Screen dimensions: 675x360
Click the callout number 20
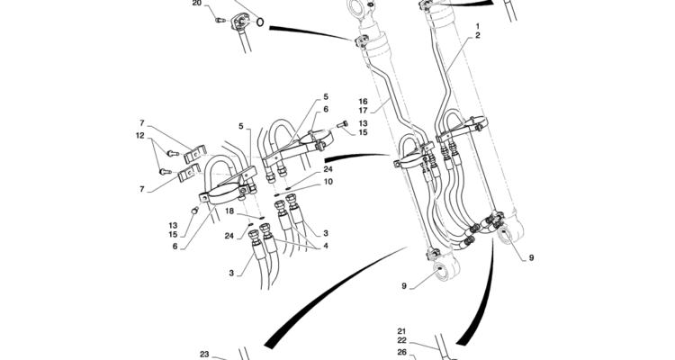pos(197,3)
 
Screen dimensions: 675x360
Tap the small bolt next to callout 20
pos(220,20)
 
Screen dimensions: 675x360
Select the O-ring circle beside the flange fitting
pos(259,21)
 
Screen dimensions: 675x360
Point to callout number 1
pos(478,27)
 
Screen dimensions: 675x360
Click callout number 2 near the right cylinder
pos(478,36)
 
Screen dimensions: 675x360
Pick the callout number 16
pos(363,102)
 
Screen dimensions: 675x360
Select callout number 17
pos(363,111)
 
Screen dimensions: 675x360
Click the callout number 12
pos(139,136)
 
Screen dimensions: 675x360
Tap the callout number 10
pos(328,182)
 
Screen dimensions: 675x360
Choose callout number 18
pos(229,211)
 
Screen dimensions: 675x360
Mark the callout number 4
pos(326,247)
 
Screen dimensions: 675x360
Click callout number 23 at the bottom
pos(204,355)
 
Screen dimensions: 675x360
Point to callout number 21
pos(401,331)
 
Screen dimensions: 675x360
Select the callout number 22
pos(401,340)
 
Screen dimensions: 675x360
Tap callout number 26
pos(401,352)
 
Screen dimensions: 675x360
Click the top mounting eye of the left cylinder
pos(357,7)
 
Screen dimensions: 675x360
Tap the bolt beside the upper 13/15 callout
pos(343,124)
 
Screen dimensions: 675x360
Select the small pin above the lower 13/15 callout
pos(195,211)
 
